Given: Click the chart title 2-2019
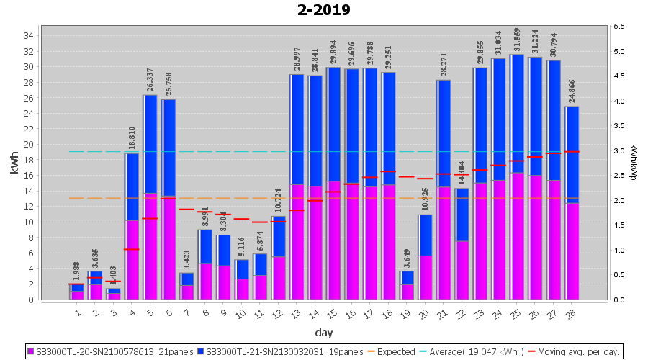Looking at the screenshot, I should [323, 10].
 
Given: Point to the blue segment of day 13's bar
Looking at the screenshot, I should [297, 130].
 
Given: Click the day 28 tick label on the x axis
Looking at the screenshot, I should [572, 312].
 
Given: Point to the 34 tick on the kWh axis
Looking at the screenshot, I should [27, 35].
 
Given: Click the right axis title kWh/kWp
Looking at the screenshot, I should [633, 163].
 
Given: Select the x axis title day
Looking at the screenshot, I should [323, 333].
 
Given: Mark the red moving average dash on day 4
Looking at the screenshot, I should [131, 249].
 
